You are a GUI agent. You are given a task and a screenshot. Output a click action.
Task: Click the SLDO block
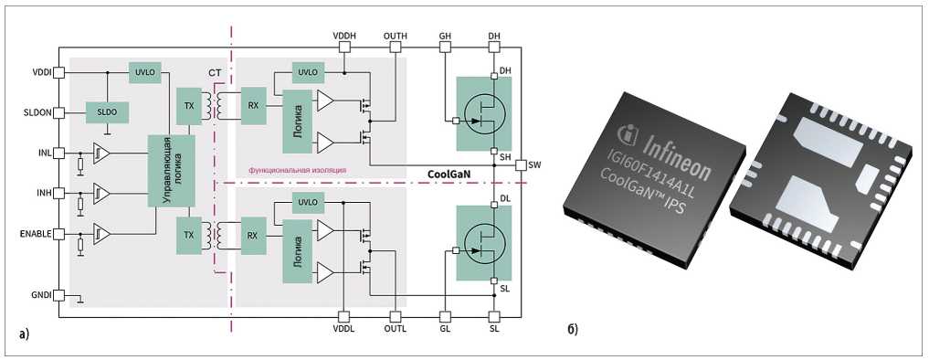(x=107, y=112)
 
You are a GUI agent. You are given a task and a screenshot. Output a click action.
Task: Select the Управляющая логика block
(x=171, y=171)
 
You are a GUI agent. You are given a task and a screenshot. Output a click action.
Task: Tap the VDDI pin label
(x=41, y=72)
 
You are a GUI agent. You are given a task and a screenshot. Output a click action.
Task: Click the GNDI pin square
(x=58, y=295)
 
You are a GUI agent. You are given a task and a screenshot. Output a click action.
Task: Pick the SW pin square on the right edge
(x=520, y=164)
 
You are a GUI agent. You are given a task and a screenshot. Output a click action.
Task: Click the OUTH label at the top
(x=396, y=37)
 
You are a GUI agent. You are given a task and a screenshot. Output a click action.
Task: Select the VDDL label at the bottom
(x=343, y=329)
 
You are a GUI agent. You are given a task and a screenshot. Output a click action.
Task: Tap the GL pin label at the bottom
(x=444, y=329)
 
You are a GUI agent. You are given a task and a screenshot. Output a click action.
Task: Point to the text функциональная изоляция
(x=298, y=170)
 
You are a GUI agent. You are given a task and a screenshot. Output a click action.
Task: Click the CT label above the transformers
(x=214, y=73)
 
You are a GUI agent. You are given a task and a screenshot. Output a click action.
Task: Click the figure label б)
(x=573, y=328)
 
